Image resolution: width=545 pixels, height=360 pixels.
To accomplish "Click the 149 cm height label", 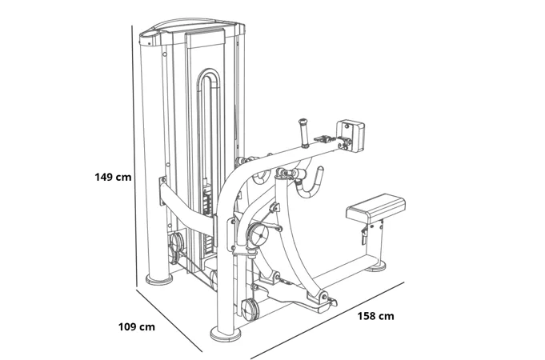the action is pyautogui.click(x=113, y=178).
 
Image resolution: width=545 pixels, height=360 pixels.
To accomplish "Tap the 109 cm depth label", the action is pyautogui.click(x=137, y=327).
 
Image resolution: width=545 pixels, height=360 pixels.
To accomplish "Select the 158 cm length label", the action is pyautogui.click(x=375, y=316).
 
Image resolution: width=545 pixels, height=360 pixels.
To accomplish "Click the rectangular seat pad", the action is pyautogui.click(x=376, y=209).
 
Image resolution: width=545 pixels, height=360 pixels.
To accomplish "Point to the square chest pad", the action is pyautogui.click(x=351, y=135).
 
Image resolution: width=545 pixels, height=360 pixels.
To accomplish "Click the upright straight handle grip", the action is pyautogui.click(x=304, y=133).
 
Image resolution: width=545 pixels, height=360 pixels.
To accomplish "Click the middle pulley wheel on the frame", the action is pyautogui.click(x=258, y=235).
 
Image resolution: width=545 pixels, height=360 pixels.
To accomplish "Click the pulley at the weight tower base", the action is pyautogui.click(x=176, y=242).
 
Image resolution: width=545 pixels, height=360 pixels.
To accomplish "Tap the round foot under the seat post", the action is pyautogui.click(x=375, y=266).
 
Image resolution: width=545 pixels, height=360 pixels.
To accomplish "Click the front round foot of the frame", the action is pyautogui.click(x=226, y=334).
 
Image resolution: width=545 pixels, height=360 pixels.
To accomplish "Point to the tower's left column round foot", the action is pyautogui.click(x=159, y=279).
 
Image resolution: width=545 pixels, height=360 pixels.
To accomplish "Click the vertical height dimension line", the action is pyautogui.click(x=134, y=156).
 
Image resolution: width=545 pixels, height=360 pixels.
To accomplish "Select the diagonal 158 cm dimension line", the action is pyautogui.click(x=327, y=320).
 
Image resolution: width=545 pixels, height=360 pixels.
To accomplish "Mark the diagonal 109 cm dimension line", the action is pyautogui.click(x=169, y=320).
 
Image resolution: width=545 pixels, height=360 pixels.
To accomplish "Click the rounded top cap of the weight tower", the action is pyautogui.click(x=192, y=28).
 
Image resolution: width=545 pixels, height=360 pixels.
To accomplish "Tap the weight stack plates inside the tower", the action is pyautogui.click(x=207, y=222).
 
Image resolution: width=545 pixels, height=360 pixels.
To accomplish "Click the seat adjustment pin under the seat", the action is pyautogui.click(x=363, y=235).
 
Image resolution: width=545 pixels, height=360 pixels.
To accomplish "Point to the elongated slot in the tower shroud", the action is pyautogui.click(x=209, y=139).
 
